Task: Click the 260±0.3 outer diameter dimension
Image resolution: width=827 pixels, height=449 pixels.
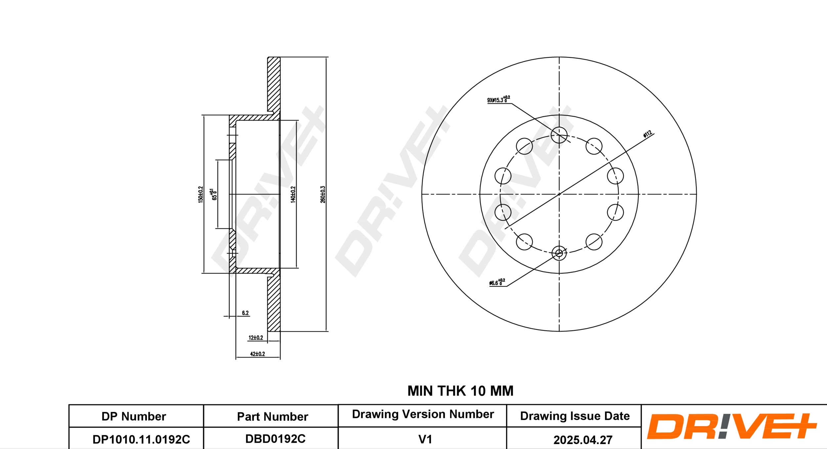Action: pyautogui.click(x=323, y=194)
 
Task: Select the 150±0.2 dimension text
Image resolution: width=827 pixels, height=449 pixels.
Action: pyautogui.click(x=200, y=194)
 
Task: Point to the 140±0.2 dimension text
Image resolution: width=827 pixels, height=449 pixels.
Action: pyautogui.click(x=293, y=194)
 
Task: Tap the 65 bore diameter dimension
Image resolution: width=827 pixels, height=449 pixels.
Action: pyautogui.click(x=214, y=195)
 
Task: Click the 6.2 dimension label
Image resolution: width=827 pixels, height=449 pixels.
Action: pyautogui.click(x=245, y=313)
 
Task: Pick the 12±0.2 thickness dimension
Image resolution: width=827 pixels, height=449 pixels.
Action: pyautogui.click(x=256, y=338)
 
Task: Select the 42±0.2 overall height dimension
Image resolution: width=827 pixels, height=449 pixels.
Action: pyautogui.click(x=257, y=354)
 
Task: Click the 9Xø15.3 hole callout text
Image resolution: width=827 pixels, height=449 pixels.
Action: pyautogui.click(x=499, y=99)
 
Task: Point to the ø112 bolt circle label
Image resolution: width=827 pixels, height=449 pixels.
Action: pyautogui.click(x=647, y=134)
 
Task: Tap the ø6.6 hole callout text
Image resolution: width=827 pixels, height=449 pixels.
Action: pyautogui.click(x=497, y=282)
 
